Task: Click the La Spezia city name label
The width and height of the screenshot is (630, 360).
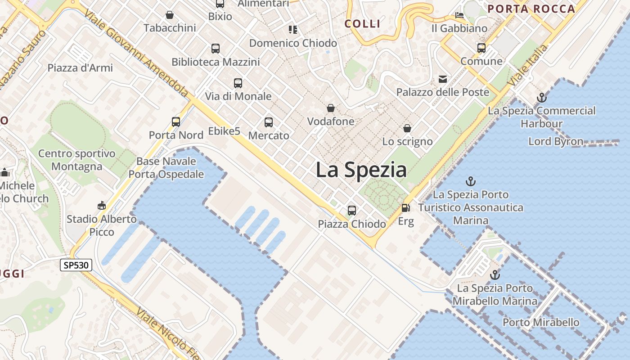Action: (361, 170)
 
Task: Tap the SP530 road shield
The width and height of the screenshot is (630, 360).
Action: (76, 265)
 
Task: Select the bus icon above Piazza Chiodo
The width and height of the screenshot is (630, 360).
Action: (352, 210)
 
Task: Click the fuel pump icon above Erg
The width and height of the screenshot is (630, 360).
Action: (405, 208)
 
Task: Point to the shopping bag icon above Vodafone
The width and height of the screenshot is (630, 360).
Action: (331, 108)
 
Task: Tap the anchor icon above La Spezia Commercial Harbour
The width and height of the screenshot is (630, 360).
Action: (542, 97)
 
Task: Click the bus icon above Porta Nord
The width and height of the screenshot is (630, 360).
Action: (176, 121)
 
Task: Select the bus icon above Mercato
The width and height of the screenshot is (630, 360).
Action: (269, 122)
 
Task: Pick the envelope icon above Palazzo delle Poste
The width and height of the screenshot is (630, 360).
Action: (443, 79)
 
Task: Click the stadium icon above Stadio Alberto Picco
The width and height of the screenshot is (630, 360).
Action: (102, 206)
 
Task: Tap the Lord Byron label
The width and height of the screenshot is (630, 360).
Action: (555, 141)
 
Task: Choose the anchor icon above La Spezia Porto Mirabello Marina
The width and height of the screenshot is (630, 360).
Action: (495, 274)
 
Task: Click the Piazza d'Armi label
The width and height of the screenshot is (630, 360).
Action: (80, 68)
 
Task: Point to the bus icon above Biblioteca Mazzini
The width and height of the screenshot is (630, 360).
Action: (216, 48)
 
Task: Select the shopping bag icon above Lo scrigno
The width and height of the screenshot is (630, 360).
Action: (407, 128)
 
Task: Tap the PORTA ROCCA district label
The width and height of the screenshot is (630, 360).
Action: (531, 9)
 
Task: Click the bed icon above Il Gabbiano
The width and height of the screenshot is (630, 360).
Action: (459, 15)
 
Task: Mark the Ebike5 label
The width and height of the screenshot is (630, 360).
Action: (224, 131)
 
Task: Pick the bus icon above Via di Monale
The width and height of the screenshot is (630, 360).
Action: (238, 83)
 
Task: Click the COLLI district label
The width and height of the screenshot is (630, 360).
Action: (362, 24)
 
